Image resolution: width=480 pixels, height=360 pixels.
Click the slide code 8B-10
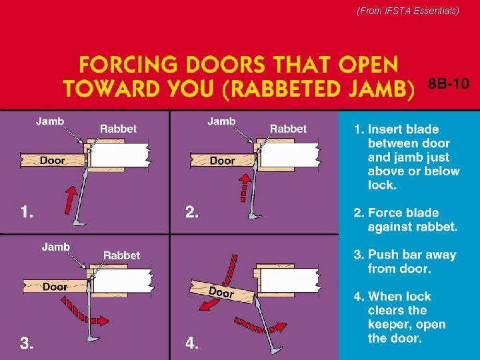(x=449, y=83)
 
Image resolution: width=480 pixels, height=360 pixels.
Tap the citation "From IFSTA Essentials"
(x=408, y=11)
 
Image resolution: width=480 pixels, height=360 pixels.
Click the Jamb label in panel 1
(x=50, y=121)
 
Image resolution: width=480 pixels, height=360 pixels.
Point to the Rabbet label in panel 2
(x=288, y=129)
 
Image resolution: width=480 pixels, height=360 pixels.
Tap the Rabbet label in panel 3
(x=121, y=255)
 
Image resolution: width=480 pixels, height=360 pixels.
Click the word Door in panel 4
(x=221, y=293)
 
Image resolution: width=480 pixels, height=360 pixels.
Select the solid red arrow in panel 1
(x=71, y=200)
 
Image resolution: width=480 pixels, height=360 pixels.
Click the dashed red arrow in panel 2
(x=245, y=187)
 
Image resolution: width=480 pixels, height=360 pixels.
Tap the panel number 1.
(x=27, y=211)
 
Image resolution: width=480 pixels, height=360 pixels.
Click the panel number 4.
(x=191, y=343)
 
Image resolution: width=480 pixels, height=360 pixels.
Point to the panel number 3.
(x=27, y=343)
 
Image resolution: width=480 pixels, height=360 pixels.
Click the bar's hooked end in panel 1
(x=79, y=223)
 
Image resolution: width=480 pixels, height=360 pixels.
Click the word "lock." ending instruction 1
(x=383, y=185)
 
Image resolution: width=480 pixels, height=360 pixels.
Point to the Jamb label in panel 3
(x=56, y=247)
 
